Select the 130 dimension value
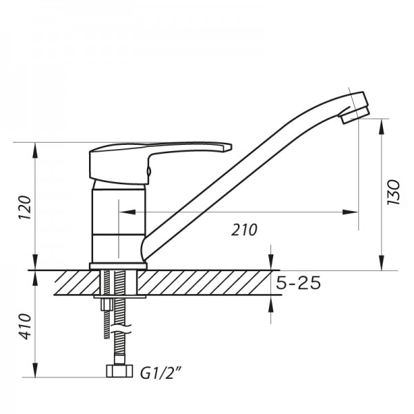point(393,194)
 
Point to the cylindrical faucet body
point(117,221)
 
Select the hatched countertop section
point(207,282)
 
